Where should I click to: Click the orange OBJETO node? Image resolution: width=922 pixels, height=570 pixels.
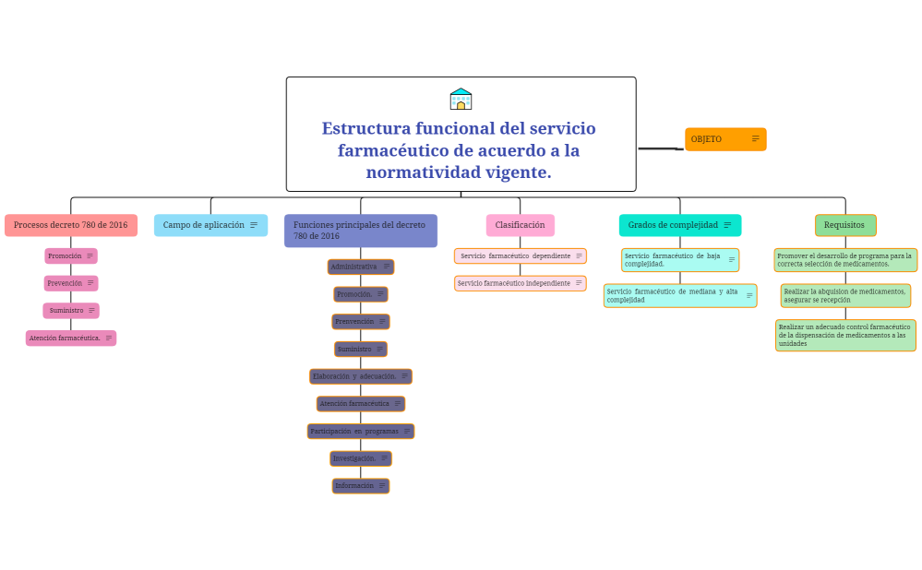724,139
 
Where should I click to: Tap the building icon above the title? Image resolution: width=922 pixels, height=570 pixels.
461,100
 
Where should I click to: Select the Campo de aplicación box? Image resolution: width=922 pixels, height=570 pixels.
210,225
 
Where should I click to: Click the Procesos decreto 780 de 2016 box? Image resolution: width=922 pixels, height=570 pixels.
71,225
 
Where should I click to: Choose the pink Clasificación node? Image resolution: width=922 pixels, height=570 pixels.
520,225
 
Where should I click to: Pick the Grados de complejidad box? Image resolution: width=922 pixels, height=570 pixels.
679,225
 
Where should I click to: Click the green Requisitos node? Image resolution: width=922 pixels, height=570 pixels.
844,225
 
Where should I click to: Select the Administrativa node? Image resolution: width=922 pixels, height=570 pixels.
360,267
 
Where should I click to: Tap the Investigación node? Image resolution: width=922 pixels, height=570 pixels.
360,458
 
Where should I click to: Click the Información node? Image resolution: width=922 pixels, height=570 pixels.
360,486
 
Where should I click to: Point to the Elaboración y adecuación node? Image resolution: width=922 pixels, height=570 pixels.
360,376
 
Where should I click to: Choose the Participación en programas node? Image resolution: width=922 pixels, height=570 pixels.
360,431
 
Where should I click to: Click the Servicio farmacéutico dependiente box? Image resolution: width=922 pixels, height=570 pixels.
520,255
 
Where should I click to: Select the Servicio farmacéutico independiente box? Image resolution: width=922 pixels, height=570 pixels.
520,283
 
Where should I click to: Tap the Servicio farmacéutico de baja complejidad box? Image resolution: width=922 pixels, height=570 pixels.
679,260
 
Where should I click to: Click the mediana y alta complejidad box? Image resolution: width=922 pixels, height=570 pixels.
679,295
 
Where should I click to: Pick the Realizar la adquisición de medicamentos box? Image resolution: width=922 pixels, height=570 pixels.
844,295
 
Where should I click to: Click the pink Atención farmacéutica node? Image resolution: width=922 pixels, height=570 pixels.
71,338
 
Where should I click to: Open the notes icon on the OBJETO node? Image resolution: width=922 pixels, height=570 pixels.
755,139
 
